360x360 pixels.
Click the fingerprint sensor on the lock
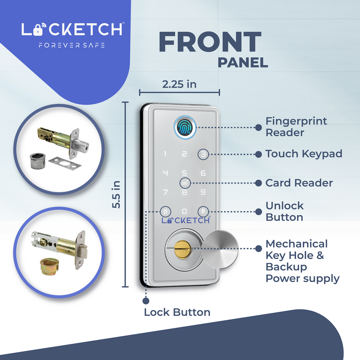[x=184, y=128]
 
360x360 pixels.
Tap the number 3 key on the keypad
[x=203, y=154]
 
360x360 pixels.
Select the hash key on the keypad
[x=203, y=212]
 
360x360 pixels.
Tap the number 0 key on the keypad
[x=184, y=212]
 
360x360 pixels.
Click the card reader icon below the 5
[x=184, y=183]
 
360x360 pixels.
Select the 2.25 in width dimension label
[x=179, y=84]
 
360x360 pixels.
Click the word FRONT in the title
[x=210, y=42]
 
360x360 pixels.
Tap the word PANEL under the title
[x=243, y=63]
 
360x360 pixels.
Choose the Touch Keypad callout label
[x=303, y=154]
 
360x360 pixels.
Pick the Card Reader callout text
[x=299, y=183]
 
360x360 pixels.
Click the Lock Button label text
[x=177, y=312]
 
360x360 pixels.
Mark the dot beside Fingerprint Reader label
[x=258, y=128]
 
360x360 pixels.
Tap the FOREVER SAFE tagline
[x=71, y=45]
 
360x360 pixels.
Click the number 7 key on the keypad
[x=165, y=193]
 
